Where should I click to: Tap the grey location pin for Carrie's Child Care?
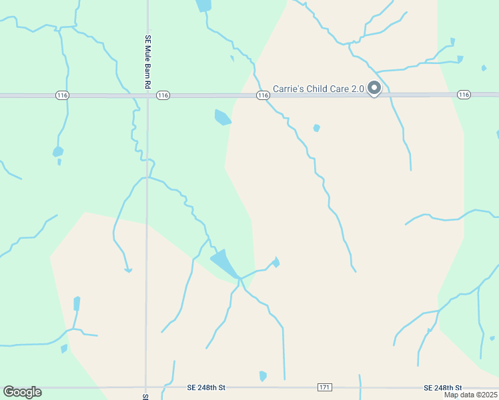(374, 88)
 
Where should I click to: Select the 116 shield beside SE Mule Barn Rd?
(163, 96)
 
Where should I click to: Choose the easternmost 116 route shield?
(464, 95)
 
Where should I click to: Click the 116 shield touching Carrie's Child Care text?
(263, 96)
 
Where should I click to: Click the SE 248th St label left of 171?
(207, 387)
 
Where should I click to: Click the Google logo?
(22, 392)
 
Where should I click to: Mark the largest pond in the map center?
(224, 263)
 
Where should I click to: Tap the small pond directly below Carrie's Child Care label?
(316, 128)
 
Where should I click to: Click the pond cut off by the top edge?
(203, 5)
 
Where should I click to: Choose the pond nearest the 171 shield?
(263, 376)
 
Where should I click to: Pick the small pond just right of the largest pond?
(276, 263)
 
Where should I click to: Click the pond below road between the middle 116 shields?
(222, 117)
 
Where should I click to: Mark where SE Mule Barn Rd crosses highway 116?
(147, 96)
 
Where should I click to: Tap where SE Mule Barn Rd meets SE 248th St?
(146, 387)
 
